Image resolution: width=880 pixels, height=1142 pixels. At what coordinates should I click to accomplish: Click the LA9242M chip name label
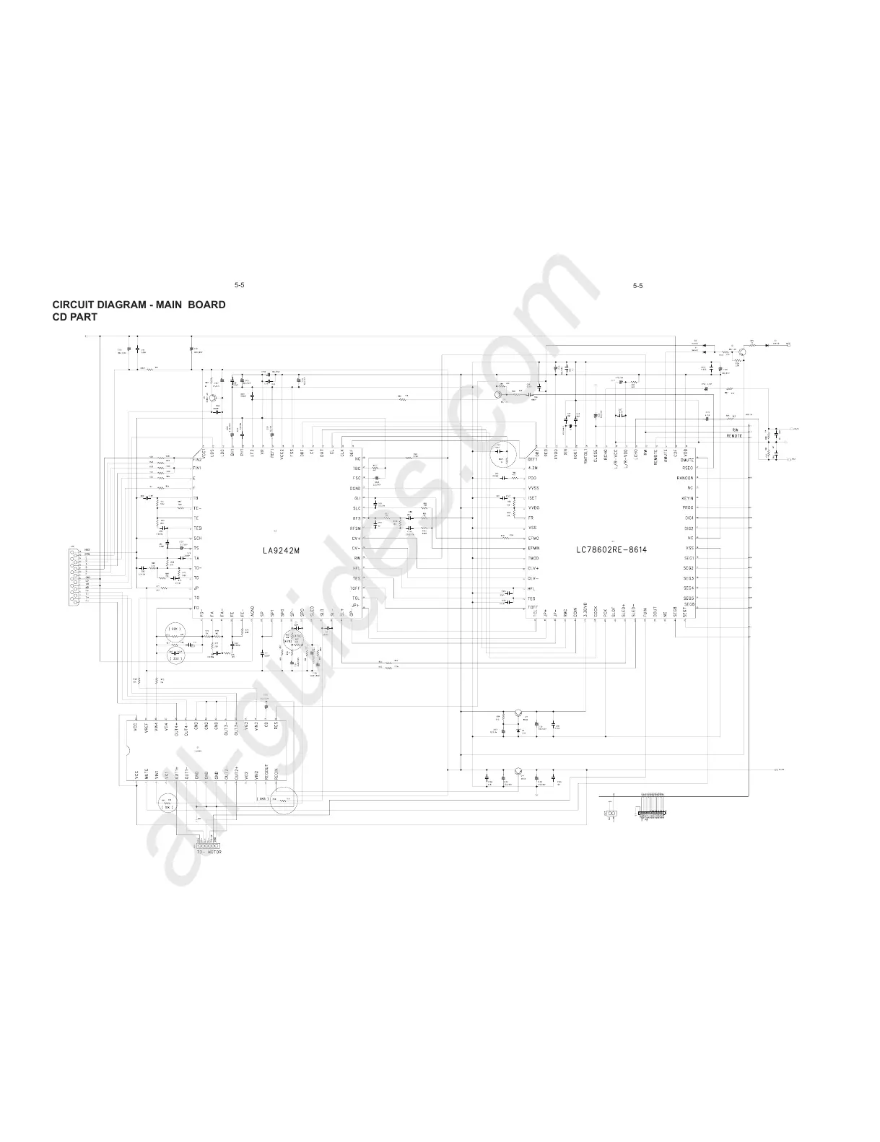coord(280,550)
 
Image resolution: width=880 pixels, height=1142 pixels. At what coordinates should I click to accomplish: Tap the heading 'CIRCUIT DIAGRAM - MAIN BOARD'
coord(139,305)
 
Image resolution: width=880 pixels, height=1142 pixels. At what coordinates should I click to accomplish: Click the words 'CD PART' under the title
coord(75,317)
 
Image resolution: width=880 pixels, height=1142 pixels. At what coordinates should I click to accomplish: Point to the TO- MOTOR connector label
coord(209,853)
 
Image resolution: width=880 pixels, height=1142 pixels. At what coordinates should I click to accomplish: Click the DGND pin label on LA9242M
coord(356,489)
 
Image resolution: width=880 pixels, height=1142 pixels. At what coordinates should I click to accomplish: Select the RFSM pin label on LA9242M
coord(355,528)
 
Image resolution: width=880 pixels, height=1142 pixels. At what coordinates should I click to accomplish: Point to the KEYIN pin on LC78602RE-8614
coord(687,498)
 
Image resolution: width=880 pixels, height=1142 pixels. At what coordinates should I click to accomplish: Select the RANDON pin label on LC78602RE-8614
coord(684,478)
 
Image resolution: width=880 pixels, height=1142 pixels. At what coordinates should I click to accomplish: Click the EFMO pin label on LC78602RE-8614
coord(533,539)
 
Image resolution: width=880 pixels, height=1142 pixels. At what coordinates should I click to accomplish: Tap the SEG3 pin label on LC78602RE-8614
coord(688,578)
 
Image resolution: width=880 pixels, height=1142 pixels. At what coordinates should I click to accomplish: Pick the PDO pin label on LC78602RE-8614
coord(532,478)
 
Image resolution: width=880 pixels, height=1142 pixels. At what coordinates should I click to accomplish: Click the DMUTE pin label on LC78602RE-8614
coord(687,460)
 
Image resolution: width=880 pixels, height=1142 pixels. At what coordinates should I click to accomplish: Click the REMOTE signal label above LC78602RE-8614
coord(734,436)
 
